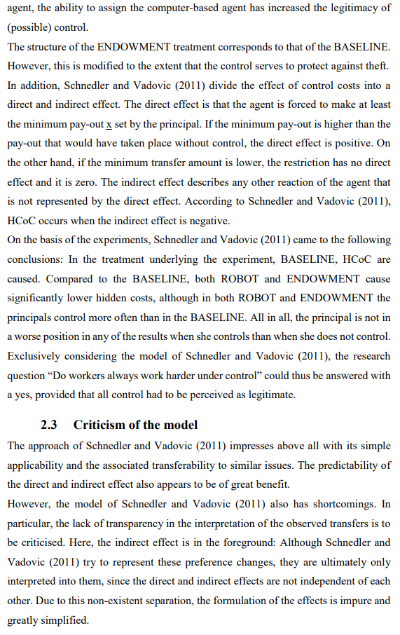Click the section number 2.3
tap(51, 425)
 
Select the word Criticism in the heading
tap(99, 425)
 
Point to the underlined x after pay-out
tap(109, 124)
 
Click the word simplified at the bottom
tap(69, 621)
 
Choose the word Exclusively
tap(34, 356)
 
